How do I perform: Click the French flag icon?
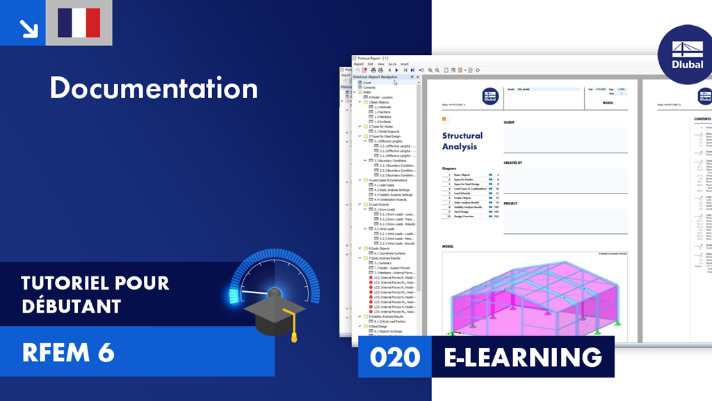pyautogui.click(x=79, y=23)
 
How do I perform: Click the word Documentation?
pyautogui.click(x=154, y=88)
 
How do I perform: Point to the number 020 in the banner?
pyautogui.click(x=395, y=357)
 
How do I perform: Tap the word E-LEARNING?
pyautogui.click(x=523, y=357)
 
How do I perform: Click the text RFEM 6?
pyautogui.click(x=68, y=352)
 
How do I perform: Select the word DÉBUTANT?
pyautogui.click(x=71, y=306)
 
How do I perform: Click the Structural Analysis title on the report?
pyautogui.click(x=462, y=141)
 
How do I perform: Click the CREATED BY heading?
pyautogui.click(x=513, y=163)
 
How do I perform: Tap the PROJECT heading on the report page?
pyautogui.click(x=511, y=203)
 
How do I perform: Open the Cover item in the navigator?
pyautogui.click(x=367, y=82)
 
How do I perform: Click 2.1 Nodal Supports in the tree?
pyautogui.click(x=387, y=131)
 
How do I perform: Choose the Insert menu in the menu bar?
pyautogui.click(x=404, y=64)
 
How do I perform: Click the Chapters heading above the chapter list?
pyautogui.click(x=449, y=168)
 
